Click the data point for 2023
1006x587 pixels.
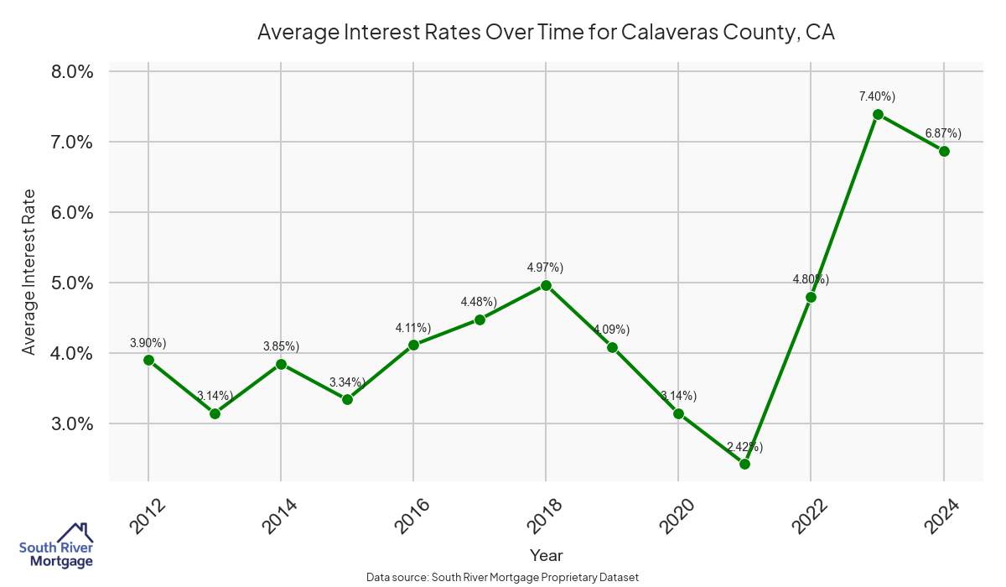click(x=878, y=114)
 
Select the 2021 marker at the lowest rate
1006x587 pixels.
click(x=744, y=464)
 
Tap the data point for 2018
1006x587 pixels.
click(x=546, y=285)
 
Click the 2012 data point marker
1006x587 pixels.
click(x=148, y=360)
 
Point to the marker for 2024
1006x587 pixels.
click(x=944, y=151)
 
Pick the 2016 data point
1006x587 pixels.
click(x=413, y=345)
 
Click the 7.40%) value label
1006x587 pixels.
click(x=877, y=97)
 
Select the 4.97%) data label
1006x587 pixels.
click(x=545, y=268)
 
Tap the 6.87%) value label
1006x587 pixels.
click(x=943, y=133)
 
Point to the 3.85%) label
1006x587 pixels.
click(x=281, y=346)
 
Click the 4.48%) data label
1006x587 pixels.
click(x=479, y=302)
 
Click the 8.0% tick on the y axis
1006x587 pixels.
click(x=72, y=71)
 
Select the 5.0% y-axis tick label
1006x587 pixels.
click(x=72, y=283)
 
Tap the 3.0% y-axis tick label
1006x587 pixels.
click(x=72, y=423)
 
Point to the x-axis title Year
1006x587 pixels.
click(x=546, y=555)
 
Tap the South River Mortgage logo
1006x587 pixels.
click(x=56, y=547)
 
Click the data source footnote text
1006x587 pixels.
click(x=503, y=578)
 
